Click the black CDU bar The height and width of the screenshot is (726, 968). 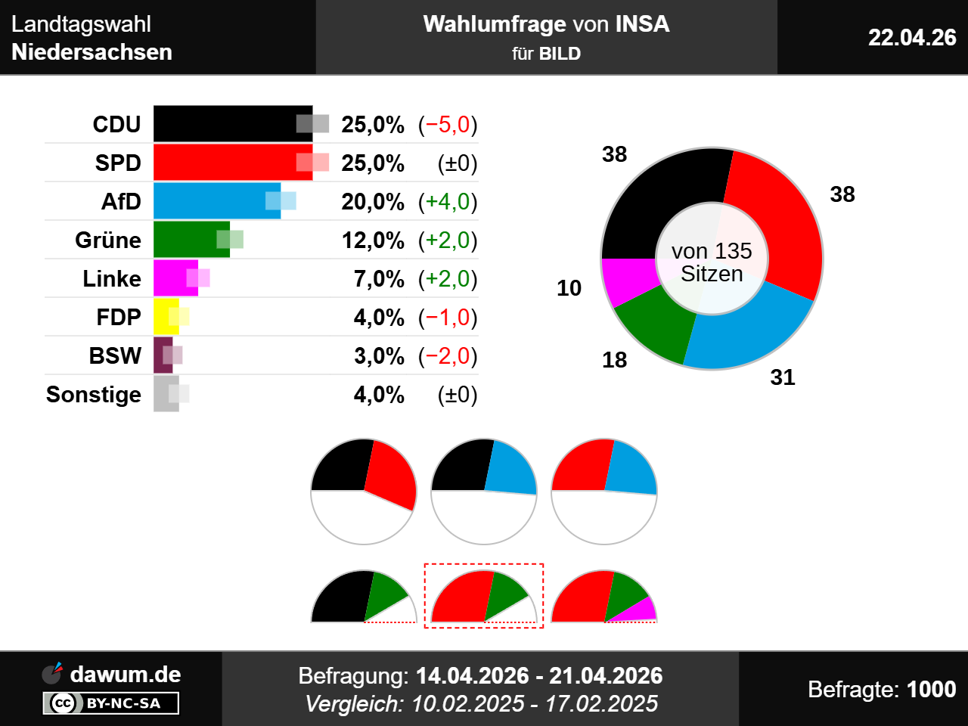(233, 123)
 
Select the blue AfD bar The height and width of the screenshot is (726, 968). (217, 200)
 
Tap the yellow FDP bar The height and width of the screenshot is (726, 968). (166, 317)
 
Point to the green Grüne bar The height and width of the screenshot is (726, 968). (191, 240)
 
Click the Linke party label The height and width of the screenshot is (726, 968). (112, 278)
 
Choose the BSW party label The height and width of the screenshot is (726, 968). (115, 355)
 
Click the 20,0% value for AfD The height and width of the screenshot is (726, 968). (373, 202)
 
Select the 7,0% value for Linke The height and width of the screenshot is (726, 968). (379, 279)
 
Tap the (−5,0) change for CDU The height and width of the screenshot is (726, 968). (448, 125)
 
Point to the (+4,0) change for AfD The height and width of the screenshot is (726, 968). (448, 202)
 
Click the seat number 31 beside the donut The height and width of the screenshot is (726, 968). (783, 377)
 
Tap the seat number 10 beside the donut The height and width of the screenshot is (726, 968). (569, 288)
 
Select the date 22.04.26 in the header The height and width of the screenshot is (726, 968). (912, 38)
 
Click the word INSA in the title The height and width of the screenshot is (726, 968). (643, 23)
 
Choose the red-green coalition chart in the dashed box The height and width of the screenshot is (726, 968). (484, 596)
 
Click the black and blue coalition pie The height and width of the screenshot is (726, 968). (484, 492)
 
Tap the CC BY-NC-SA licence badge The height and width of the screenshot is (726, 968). (110, 703)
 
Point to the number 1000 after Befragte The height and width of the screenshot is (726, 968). (932, 689)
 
